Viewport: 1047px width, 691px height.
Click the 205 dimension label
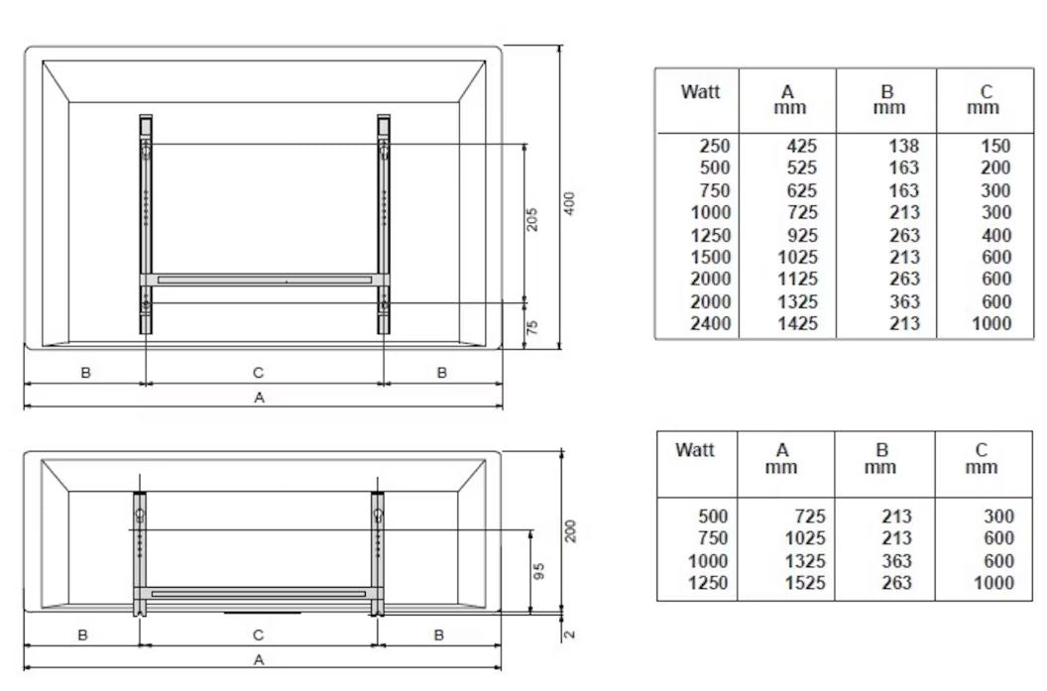(x=532, y=220)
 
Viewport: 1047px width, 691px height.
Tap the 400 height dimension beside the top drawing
(x=569, y=203)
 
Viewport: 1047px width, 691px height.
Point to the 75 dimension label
(x=532, y=327)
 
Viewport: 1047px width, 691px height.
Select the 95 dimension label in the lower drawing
(x=539, y=571)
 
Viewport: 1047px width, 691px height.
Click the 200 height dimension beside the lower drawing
(x=570, y=530)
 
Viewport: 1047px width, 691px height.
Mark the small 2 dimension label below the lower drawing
(x=569, y=634)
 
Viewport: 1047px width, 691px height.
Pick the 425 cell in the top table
(x=801, y=146)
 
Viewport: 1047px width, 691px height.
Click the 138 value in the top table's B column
(x=903, y=146)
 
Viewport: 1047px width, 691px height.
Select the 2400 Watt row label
(x=711, y=323)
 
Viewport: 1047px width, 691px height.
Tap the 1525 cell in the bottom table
(x=805, y=583)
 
